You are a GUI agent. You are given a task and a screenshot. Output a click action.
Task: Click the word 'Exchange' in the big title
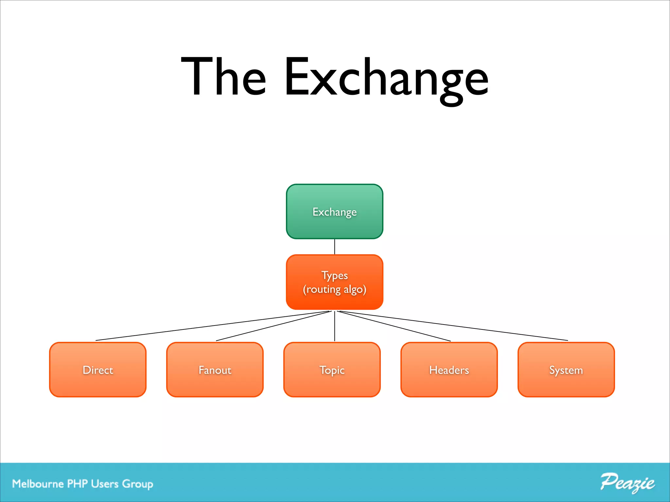(386, 78)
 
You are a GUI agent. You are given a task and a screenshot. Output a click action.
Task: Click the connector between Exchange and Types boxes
(335, 247)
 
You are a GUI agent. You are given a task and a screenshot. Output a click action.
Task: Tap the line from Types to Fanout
(273, 326)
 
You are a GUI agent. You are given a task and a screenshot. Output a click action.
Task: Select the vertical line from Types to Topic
(335, 327)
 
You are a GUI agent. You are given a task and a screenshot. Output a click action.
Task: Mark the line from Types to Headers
(394, 326)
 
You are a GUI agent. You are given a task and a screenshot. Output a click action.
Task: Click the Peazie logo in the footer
(627, 483)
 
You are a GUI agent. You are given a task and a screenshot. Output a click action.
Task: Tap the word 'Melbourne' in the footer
(38, 484)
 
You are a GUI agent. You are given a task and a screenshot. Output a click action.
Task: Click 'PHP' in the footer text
(77, 484)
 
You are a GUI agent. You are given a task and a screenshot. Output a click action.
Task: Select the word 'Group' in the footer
(137, 484)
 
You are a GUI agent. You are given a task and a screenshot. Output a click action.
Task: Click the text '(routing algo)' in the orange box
(334, 290)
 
